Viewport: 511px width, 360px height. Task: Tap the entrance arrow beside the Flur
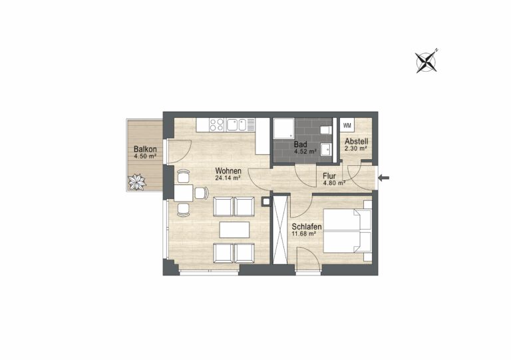[383, 178]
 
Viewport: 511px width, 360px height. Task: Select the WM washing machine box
[347, 125]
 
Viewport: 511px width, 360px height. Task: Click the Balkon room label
[145, 149]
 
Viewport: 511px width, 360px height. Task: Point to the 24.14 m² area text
[228, 178]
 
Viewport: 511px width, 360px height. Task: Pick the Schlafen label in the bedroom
[307, 226]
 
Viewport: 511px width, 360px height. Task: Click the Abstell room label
[357, 142]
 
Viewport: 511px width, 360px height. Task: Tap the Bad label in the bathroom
[300, 144]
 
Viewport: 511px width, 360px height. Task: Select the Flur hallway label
[329, 176]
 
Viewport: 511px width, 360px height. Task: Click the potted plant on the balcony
[137, 182]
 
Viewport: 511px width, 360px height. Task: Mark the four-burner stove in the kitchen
[217, 125]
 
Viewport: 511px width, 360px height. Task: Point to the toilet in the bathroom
[326, 130]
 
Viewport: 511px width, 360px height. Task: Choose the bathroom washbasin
[326, 150]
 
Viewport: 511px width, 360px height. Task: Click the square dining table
[184, 192]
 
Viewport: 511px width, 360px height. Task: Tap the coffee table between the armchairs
[234, 230]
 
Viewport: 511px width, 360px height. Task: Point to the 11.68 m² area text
[303, 234]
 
